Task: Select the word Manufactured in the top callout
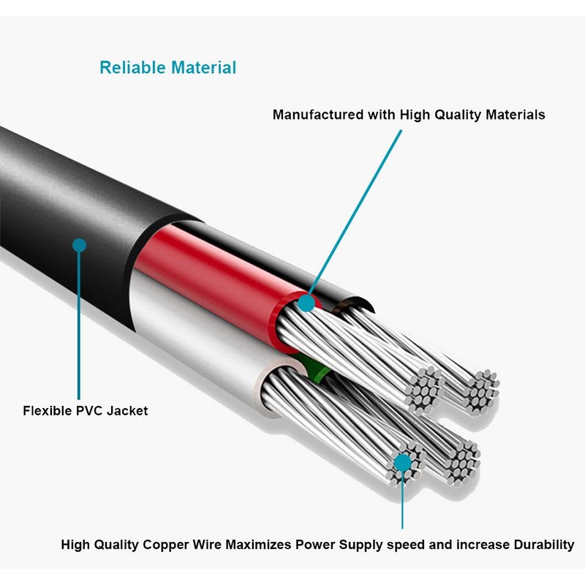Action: click(x=318, y=115)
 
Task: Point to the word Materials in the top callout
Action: click(x=516, y=115)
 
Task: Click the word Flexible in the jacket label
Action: click(x=47, y=411)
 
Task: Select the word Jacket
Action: click(x=127, y=411)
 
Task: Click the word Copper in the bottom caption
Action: click(x=166, y=545)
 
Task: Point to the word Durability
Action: click(x=544, y=545)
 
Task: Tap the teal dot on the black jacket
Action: click(x=79, y=245)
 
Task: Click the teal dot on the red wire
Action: click(x=306, y=303)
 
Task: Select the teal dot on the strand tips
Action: click(x=403, y=463)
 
